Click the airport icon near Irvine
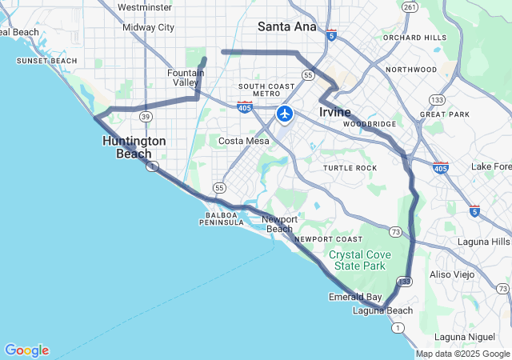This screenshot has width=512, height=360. click(284, 114)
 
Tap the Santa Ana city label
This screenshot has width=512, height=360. click(286, 26)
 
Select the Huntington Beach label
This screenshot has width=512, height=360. click(134, 147)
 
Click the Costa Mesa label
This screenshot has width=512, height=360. click(244, 141)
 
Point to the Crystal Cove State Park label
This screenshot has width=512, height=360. click(358, 260)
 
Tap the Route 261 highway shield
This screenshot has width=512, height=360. click(410, 7)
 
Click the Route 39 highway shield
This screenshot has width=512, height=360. click(146, 116)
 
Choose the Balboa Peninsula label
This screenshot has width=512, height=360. click(222, 218)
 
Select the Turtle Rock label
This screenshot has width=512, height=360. click(350, 168)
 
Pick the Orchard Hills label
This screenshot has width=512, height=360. click(414, 38)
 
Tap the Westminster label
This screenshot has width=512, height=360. click(144, 7)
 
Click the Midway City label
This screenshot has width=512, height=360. click(148, 27)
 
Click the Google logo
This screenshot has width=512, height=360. click(26, 350)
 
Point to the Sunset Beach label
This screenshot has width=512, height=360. click(47, 61)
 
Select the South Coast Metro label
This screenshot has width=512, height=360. click(267, 90)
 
